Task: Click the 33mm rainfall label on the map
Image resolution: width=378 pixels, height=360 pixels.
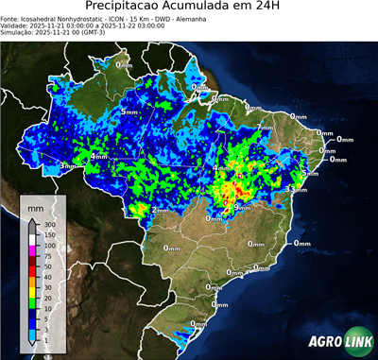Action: [297, 190]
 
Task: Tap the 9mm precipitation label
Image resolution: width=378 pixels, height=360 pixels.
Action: [241, 206]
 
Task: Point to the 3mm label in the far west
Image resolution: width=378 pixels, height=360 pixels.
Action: [67, 165]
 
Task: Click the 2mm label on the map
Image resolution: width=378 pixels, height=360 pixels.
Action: [161, 210]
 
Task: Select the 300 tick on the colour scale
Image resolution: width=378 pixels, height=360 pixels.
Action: [49, 225]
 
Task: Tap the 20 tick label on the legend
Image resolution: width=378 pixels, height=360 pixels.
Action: [47, 298]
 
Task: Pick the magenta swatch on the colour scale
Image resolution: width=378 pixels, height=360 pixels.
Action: [32, 251]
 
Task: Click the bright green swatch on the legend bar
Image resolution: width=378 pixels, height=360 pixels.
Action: [32, 302]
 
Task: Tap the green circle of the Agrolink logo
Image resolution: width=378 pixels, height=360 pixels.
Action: [363, 343]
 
